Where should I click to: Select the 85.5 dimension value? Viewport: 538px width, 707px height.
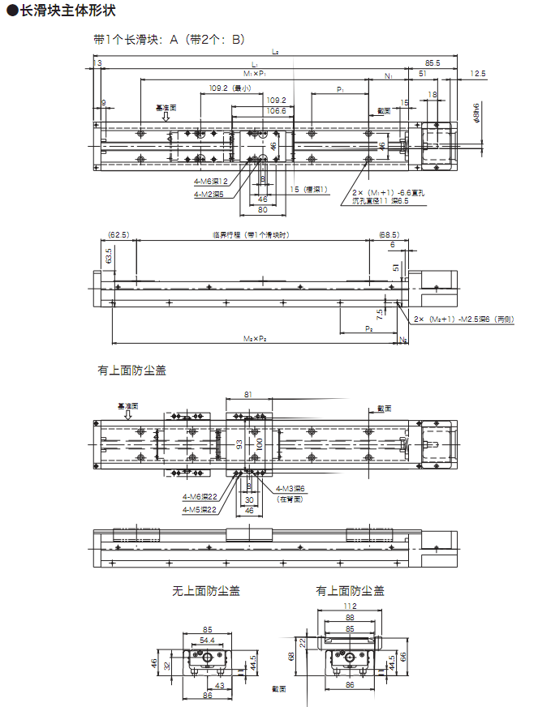(x=432, y=62)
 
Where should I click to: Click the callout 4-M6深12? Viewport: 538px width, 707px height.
(x=210, y=182)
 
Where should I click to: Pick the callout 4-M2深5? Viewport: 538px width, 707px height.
(x=210, y=195)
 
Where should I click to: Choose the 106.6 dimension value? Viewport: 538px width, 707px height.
(x=277, y=110)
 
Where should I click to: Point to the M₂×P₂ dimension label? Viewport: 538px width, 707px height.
(x=257, y=337)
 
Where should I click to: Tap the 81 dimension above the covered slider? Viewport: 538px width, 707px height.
(x=248, y=395)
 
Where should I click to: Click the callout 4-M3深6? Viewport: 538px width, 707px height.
(x=290, y=488)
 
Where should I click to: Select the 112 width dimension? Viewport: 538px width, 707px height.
(x=351, y=606)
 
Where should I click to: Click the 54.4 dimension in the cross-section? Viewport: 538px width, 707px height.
(x=207, y=641)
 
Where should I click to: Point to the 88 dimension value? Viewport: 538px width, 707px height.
(x=351, y=618)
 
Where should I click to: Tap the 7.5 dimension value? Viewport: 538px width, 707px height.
(x=380, y=312)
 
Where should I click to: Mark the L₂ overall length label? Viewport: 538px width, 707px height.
(x=276, y=52)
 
